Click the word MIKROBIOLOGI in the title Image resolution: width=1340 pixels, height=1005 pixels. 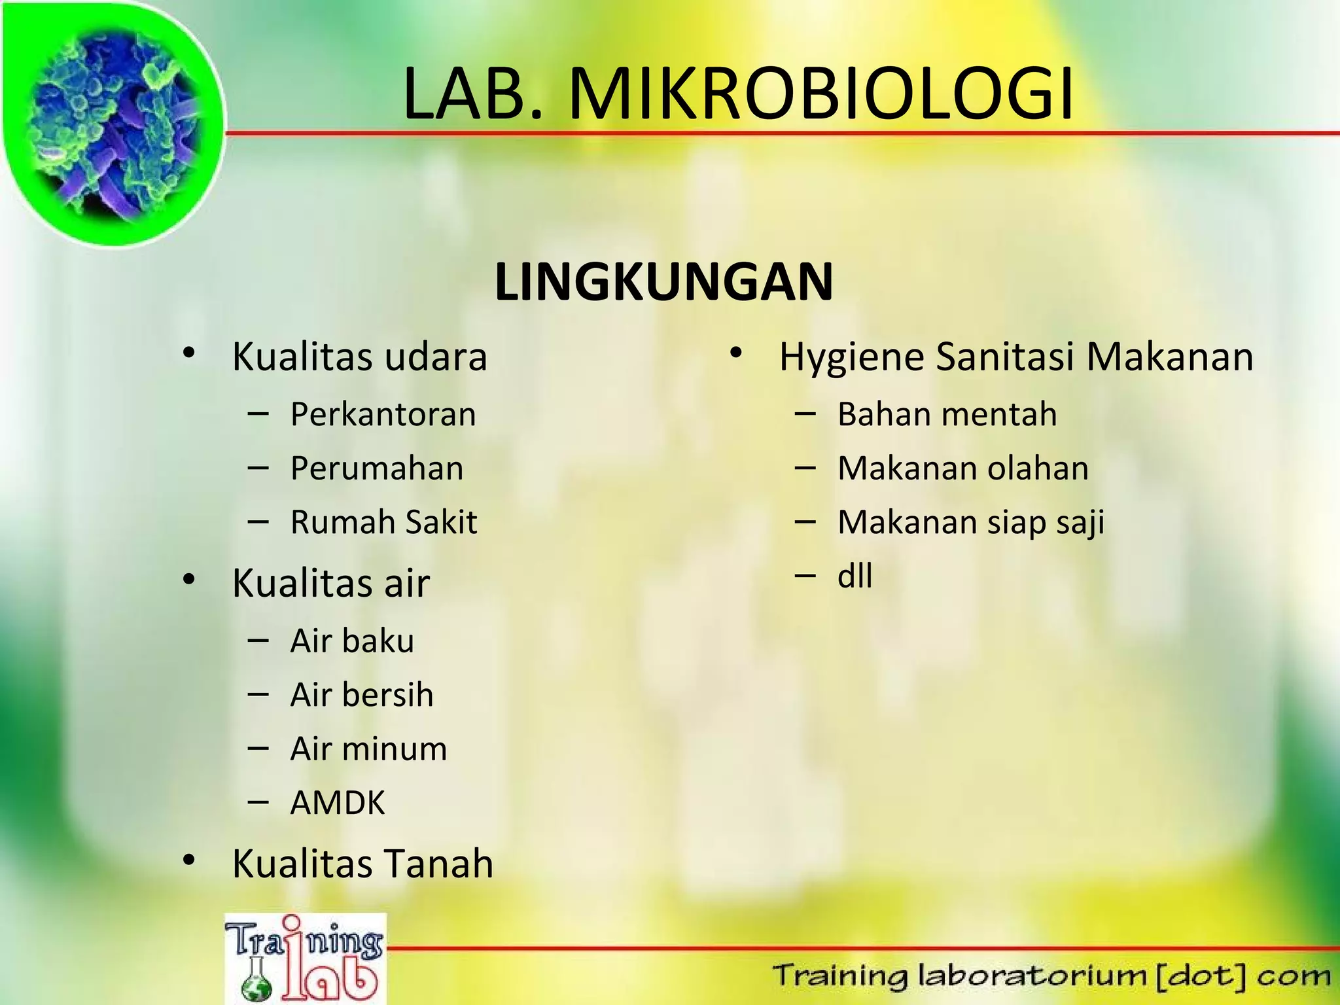click(821, 95)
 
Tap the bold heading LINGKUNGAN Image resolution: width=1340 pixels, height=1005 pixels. click(663, 282)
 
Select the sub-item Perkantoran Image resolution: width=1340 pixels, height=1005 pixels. click(383, 415)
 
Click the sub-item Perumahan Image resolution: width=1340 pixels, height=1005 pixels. click(377, 468)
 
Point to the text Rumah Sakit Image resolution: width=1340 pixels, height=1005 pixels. click(383, 522)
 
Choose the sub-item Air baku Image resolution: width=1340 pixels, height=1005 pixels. click(352, 641)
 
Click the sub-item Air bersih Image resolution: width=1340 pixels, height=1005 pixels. click(362, 695)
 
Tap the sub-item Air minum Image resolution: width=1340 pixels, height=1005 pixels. click(368, 749)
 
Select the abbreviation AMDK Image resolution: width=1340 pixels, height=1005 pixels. click(338, 803)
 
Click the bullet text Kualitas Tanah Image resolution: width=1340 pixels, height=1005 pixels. click(362, 864)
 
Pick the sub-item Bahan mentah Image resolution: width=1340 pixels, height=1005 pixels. click(947, 415)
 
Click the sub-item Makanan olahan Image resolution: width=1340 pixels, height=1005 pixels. click(962, 468)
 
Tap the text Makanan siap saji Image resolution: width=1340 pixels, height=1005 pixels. click(970, 523)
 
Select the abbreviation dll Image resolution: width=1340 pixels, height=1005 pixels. click(855, 576)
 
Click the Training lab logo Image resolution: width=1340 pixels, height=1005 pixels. click(305, 959)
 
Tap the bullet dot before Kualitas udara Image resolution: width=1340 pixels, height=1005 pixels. click(189, 354)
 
